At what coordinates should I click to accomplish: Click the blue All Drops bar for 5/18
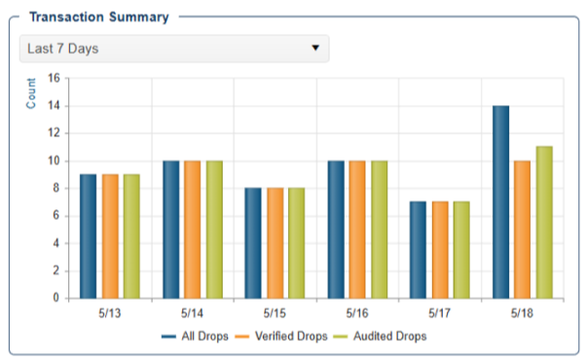tap(500, 202)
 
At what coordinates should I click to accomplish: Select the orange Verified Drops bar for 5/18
tap(522, 230)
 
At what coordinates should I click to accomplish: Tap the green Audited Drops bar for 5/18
tap(544, 223)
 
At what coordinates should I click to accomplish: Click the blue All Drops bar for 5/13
tap(88, 236)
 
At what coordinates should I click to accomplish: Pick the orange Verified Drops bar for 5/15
tap(275, 243)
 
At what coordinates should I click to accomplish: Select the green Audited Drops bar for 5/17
tap(461, 250)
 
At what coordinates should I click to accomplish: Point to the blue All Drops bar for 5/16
tap(336, 230)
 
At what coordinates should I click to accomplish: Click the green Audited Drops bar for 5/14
tap(214, 230)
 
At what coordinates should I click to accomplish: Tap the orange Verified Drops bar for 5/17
tap(440, 250)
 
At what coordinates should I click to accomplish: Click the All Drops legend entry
tap(195, 336)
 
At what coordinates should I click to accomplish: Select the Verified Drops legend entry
tap(281, 336)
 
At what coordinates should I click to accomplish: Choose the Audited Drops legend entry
tap(380, 336)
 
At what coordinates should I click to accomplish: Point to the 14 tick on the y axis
tap(54, 105)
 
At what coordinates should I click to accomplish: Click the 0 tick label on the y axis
tap(56, 298)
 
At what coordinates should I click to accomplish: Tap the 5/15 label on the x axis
tap(275, 313)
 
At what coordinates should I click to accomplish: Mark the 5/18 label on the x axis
tap(522, 313)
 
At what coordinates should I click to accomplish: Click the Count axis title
tap(31, 93)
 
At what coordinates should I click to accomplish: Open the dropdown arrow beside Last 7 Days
tap(315, 48)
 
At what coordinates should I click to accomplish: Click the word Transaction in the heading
tap(66, 17)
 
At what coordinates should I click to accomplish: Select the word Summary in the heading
tap(139, 18)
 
